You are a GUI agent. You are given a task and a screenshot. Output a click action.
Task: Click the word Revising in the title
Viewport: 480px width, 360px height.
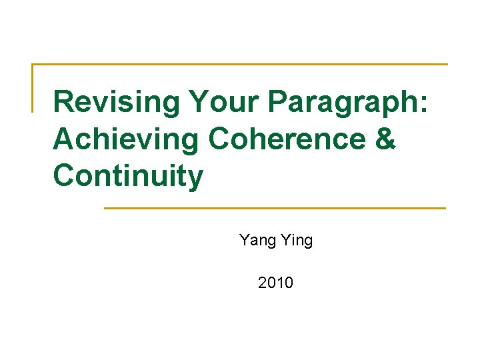tap(117, 103)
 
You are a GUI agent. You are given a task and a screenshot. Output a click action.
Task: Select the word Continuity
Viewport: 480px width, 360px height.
tap(128, 177)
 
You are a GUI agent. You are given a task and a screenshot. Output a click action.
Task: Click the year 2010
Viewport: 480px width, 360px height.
tap(275, 283)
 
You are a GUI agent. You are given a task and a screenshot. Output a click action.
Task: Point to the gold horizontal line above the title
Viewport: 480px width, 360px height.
tap(240, 65)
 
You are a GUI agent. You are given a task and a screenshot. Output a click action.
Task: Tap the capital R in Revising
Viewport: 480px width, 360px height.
tap(63, 103)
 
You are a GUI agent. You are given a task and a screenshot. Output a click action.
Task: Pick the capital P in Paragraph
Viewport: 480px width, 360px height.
tap(280, 103)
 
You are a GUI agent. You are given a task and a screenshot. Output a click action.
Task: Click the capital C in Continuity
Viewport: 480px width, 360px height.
tap(64, 177)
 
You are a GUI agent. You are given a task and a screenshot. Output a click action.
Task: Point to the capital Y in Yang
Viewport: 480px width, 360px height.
tap(244, 240)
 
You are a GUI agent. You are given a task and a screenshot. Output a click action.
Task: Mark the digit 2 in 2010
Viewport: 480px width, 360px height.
tap(263, 283)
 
